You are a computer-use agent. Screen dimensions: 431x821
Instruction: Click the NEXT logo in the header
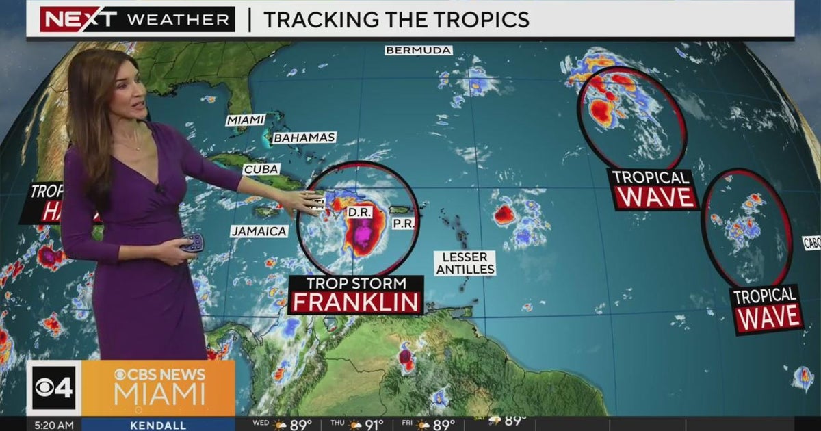[79, 19]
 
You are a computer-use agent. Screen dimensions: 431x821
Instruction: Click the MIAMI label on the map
[246, 120]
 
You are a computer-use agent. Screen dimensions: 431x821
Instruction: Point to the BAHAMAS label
[304, 138]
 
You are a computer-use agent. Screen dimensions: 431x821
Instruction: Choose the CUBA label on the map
[261, 169]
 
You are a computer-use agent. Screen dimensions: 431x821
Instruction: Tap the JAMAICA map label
[259, 231]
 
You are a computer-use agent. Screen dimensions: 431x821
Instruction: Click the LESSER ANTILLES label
[465, 263]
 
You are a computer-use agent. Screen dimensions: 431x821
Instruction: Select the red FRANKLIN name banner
[356, 301]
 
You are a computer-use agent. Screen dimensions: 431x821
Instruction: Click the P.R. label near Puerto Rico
[403, 224]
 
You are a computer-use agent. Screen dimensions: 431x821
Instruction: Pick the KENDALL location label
[157, 425]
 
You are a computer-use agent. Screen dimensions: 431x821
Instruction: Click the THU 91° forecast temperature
[374, 425]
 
